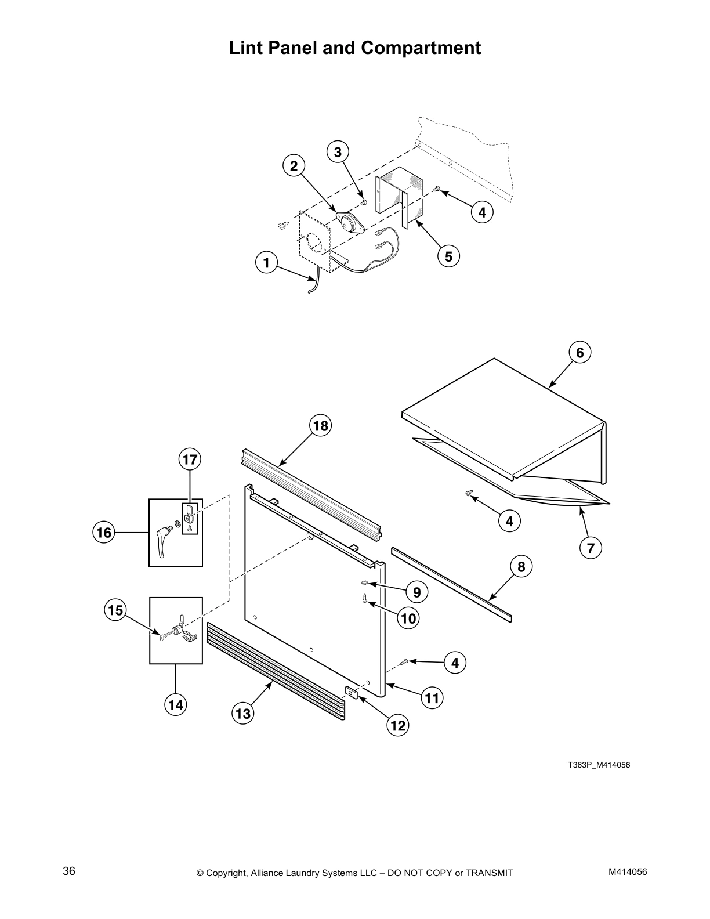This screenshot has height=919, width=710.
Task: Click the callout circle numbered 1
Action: pyautogui.click(x=266, y=263)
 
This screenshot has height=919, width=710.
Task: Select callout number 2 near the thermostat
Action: pyautogui.click(x=294, y=167)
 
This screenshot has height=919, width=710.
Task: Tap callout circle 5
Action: pyautogui.click(x=448, y=255)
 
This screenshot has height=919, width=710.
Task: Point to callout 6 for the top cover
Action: pyautogui.click(x=579, y=352)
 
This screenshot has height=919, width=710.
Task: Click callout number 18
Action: pyautogui.click(x=320, y=426)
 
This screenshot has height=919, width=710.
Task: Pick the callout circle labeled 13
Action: pyautogui.click(x=243, y=713)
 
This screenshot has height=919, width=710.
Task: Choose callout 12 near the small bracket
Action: pyautogui.click(x=398, y=725)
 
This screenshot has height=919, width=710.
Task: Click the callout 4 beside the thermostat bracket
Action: pyautogui.click(x=482, y=213)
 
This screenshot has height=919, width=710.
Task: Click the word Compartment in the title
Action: pyautogui.click(x=421, y=48)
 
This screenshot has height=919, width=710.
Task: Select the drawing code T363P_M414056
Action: pyautogui.click(x=598, y=765)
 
